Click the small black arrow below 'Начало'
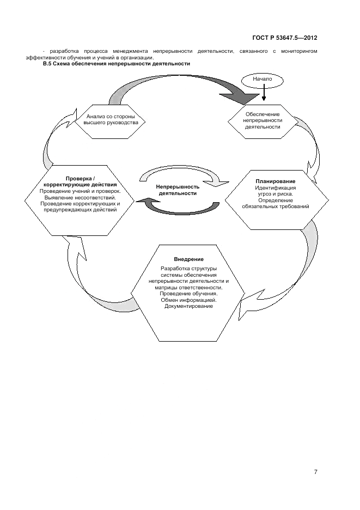coord(264,95)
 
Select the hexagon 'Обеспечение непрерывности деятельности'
coord(263,120)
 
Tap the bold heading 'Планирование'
coord(276,181)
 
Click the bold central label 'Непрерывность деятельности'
coord(178,190)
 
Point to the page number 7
coord(315,471)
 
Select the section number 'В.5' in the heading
coord(48,64)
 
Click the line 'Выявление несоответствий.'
coord(80,197)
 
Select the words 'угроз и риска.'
coord(276,194)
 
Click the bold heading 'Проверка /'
coord(80,179)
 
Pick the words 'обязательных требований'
coord(276,207)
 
